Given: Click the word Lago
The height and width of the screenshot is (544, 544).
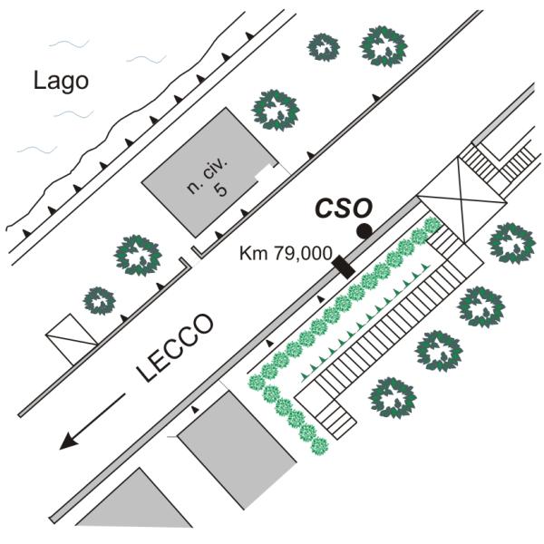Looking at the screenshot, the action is click(61, 82).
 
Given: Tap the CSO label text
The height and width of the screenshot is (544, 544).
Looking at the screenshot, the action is click(344, 209).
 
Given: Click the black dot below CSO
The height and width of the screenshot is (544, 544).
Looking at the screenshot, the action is click(364, 231).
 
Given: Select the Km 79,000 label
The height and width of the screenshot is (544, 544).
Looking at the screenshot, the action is click(286, 253).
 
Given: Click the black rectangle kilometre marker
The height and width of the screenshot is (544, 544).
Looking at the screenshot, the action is click(344, 267).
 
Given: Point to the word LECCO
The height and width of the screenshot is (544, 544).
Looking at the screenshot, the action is click(174, 347).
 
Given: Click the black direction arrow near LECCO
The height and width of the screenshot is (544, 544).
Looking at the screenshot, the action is click(92, 422).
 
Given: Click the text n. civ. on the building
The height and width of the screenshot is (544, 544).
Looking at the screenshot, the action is click(208, 177).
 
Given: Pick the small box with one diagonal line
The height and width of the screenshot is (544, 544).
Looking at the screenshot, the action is click(72, 339).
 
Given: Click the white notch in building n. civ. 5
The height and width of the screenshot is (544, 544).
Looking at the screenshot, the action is click(265, 173).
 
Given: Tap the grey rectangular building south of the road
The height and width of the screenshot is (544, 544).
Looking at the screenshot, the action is click(237, 450).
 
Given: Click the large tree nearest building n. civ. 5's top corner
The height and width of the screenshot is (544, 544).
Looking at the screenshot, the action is click(276, 111).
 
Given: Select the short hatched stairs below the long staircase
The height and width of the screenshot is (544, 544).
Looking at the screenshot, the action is click(335, 419).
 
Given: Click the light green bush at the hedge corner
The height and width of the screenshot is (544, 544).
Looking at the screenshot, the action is click(257, 383).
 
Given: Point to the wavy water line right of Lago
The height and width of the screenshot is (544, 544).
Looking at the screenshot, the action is click(146, 59).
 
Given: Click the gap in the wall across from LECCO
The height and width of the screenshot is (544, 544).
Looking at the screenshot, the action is click(190, 255).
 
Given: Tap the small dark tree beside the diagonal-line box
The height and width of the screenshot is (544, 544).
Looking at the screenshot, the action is click(100, 301).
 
